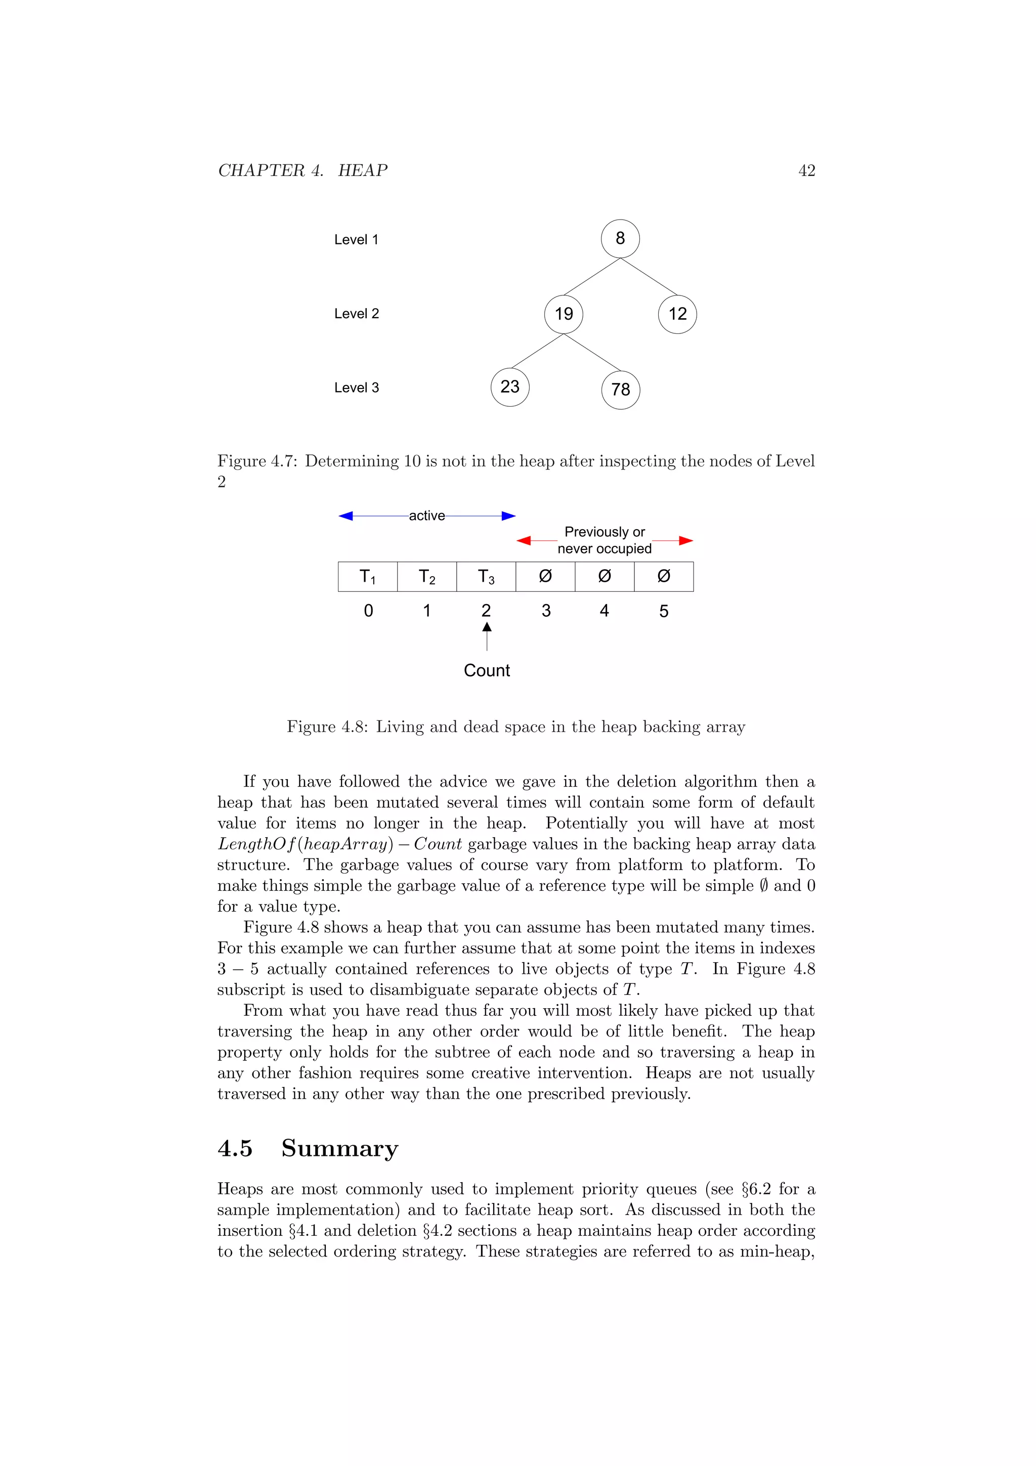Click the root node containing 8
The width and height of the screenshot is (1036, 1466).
(x=620, y=239)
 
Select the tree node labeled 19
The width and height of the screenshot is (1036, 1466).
(x=564, y=314)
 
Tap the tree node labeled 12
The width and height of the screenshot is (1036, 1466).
(x=677, y=314)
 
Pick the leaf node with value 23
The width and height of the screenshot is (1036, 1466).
(x=510, y=387)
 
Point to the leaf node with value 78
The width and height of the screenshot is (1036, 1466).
(x=621, y=390)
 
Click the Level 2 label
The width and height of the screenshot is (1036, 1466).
(x=356, y=314)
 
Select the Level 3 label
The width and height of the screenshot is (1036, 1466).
(x=356, y=387)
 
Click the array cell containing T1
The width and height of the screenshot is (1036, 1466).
(x=368, y=577)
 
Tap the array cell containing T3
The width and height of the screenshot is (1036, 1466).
(x=487, y=577)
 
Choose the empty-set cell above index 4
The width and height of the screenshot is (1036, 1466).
(x=605, y=577)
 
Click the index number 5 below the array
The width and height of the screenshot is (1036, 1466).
(x=664, y=611)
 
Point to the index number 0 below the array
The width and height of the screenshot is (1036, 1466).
(x=368, y=611)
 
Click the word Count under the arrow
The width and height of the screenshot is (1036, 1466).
(x=487, y=670)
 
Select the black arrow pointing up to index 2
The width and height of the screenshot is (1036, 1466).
(x=487, y=636)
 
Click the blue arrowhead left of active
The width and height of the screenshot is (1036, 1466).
(x=346, y=516)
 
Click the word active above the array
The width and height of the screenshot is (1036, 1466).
(x=426, y=516)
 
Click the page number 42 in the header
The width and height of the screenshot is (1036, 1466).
(x=806, y=170)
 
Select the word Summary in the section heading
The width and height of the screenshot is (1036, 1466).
(x=339, y=1148)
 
